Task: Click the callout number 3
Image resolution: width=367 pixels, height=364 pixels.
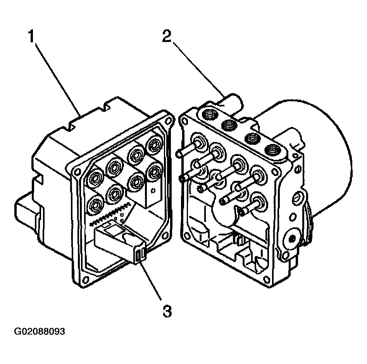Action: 167,311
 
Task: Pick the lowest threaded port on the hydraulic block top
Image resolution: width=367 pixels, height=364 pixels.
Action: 272,150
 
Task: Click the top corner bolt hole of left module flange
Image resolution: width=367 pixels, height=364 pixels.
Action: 168,121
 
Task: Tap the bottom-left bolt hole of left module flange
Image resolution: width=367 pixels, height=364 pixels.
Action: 86,279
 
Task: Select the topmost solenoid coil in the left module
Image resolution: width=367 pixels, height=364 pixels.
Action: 154,146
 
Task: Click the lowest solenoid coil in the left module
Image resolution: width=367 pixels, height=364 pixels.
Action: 95,205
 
